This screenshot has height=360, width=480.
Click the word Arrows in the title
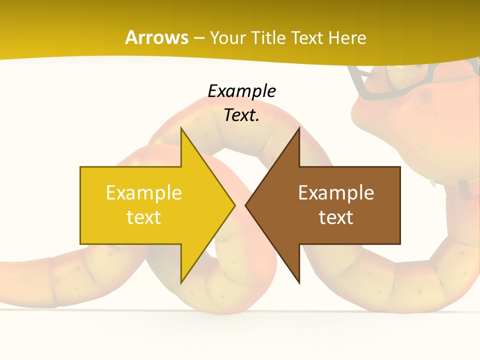(156, 37)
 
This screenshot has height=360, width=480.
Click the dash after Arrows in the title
(198, 38)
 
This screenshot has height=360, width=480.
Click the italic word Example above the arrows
(241, 91)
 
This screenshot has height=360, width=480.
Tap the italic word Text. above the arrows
(241, 115)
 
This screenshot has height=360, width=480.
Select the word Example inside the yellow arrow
(143, 192)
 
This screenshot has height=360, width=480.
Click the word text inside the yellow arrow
(143, 217)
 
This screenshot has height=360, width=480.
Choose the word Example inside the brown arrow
(336, 192)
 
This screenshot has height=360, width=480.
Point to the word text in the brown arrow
(336, 217)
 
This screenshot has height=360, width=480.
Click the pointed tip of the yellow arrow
(234, 205)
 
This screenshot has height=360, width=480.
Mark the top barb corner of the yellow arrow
(181, 129)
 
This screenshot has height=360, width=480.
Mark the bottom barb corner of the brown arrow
(299, 282)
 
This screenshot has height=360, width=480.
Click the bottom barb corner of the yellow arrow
(181, 282)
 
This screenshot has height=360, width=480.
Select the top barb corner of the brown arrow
(299, 129)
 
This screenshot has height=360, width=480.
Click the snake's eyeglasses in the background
(380, 82)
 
